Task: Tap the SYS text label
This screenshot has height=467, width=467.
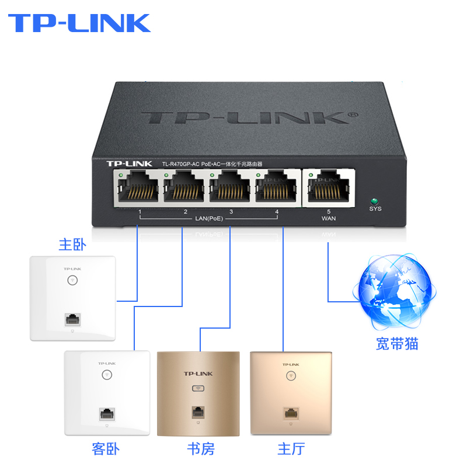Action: (x=375, y=209)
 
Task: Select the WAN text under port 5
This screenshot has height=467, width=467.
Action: (x=329, y=219)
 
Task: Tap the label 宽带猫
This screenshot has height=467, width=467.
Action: (x=397, y=344)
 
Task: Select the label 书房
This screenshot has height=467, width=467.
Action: (x=200, y=449)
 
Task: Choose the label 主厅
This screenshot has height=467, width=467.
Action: (x=291, y=449)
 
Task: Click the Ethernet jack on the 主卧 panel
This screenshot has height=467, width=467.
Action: (x=72, y=320)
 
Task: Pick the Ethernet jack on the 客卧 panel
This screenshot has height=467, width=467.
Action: (x=106, y=413)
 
